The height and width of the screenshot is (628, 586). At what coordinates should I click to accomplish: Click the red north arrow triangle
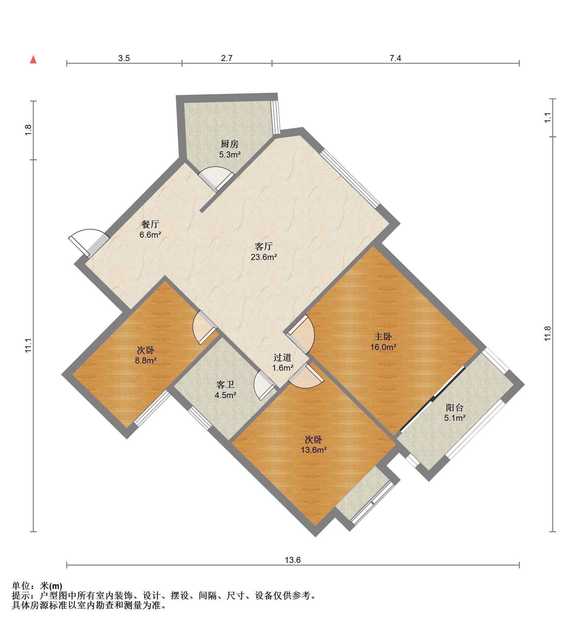click(33, 59)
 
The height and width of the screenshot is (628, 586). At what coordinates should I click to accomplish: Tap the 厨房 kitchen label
click(230, 144)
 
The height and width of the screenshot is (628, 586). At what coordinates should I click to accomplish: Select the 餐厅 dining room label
click(150, 224)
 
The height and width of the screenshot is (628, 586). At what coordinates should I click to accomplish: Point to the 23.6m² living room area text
click(264, 257)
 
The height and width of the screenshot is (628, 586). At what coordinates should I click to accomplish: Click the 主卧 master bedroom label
click(383, 336)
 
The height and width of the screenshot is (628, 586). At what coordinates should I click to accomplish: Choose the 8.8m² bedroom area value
click(146, 360)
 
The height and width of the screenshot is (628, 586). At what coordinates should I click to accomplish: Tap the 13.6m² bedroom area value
click(314, 450)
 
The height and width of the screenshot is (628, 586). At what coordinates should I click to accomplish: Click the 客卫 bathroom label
click(225, 385)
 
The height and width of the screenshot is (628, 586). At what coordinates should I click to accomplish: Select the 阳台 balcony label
click(455, 407)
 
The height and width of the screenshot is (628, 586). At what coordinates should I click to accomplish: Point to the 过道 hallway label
click(282, 357)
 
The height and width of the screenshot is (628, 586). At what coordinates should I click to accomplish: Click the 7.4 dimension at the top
click(395, 58)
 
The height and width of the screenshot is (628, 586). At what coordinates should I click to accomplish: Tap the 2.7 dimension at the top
click(226, 58)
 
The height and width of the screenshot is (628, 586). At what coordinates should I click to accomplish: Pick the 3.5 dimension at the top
click(124, 58)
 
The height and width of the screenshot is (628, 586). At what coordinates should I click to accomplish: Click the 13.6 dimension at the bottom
click(292, 560)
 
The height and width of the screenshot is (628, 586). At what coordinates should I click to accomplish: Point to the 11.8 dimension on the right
click(547, 333)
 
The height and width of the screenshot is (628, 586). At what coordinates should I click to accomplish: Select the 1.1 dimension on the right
click(547, 117)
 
